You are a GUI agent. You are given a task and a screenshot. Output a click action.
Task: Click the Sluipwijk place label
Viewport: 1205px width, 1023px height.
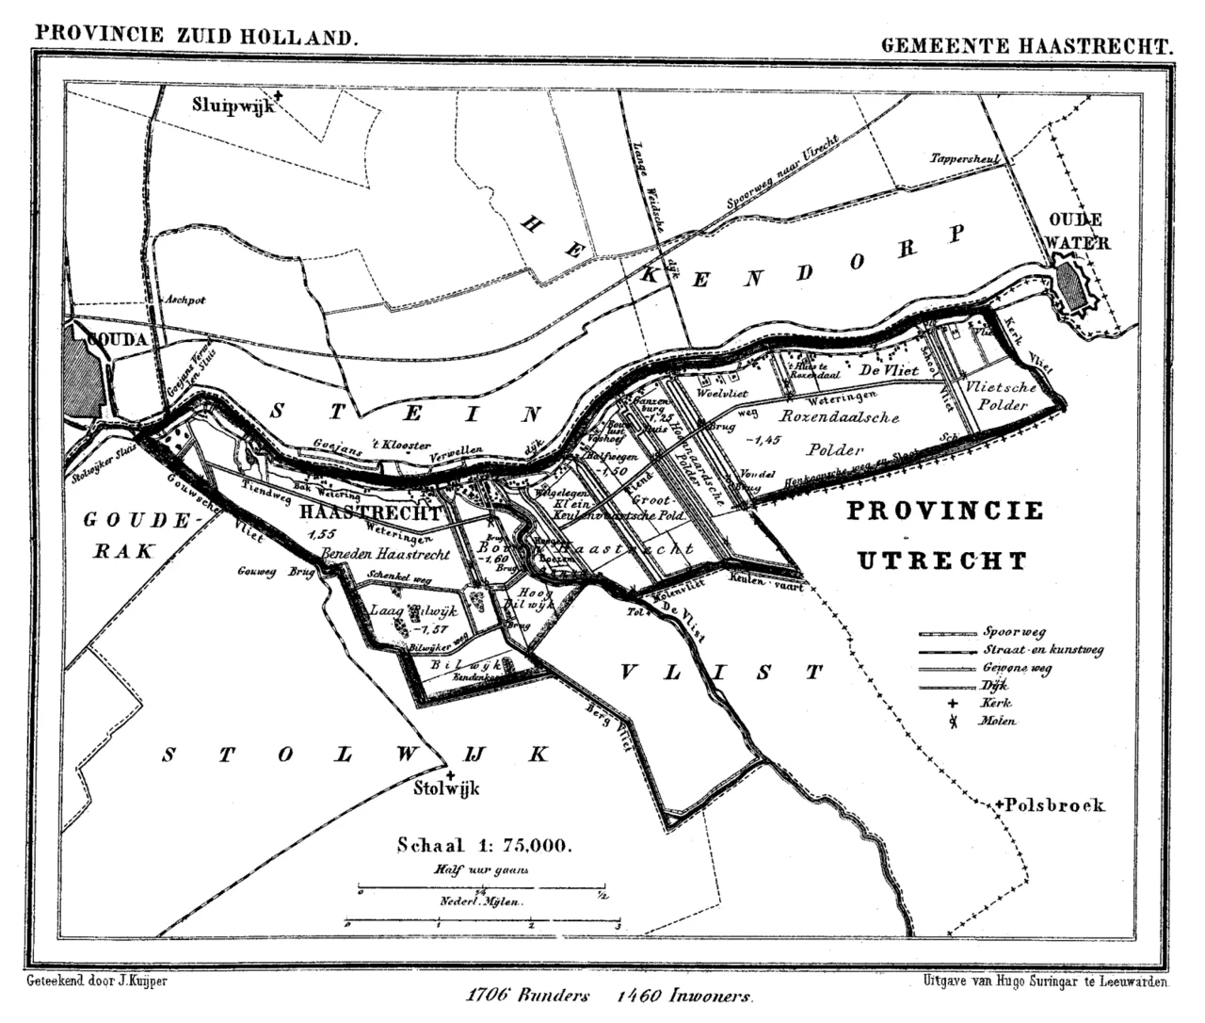click(233, 105)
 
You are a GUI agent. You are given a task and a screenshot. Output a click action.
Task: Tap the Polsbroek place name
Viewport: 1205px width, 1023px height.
click(1053, 805)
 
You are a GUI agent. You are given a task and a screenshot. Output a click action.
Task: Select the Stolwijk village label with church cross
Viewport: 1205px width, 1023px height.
click(447, 787)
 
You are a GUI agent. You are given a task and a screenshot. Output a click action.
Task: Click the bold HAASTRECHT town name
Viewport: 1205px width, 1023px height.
click(370, 513)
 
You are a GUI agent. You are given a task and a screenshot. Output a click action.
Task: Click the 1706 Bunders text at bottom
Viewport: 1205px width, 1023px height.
click(527, 996)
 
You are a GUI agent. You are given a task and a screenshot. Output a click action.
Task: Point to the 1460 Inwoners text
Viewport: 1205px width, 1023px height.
click(685, 996)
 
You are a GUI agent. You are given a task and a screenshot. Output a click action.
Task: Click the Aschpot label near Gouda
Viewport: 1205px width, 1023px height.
click(185, 300)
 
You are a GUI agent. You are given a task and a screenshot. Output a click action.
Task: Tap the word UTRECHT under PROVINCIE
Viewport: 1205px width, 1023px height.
click(941, 561)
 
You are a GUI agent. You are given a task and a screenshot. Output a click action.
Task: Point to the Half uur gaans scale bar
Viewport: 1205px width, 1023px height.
click(481, 886)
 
